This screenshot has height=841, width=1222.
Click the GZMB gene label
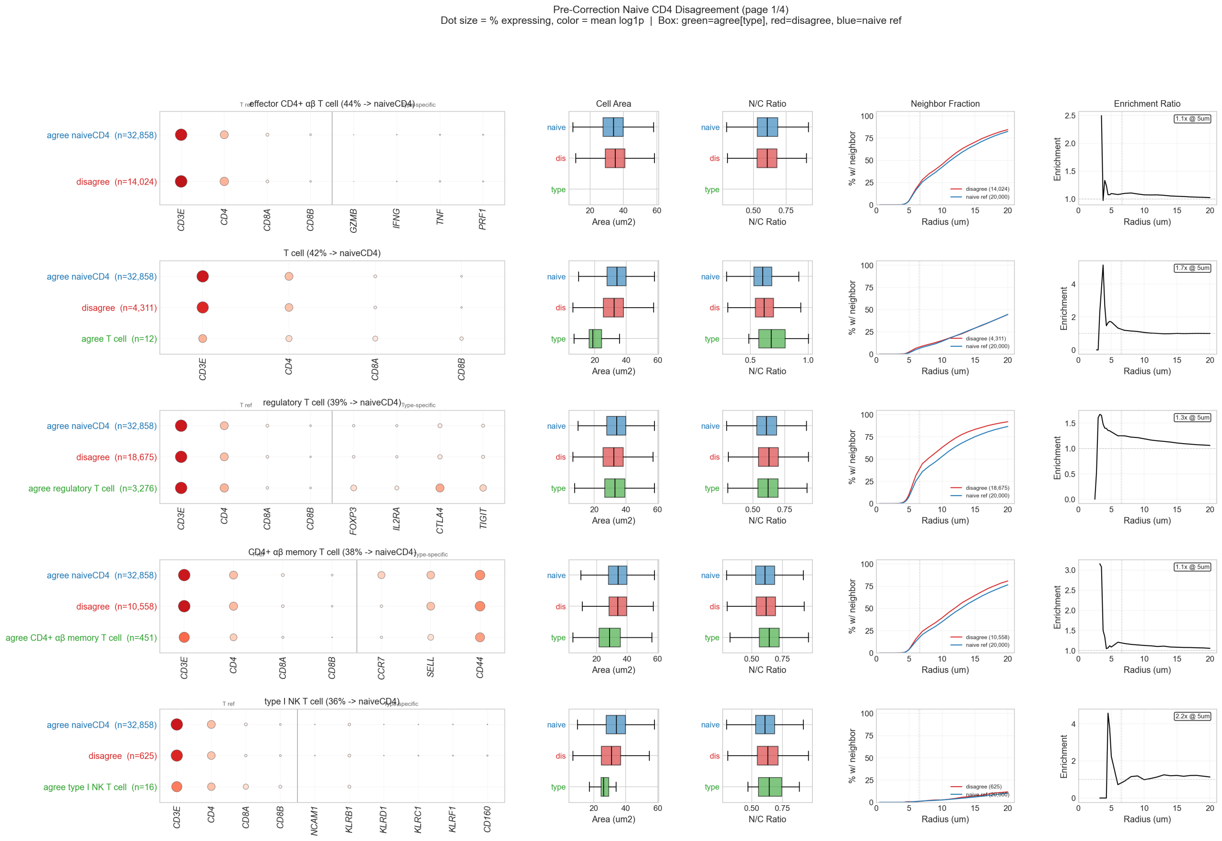[353, 220]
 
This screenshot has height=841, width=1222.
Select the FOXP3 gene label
[353, 520]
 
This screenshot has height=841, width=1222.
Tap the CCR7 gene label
[381, 668]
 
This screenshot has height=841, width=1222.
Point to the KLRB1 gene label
[349, 820]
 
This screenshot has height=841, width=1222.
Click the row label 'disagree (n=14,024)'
[116, 182]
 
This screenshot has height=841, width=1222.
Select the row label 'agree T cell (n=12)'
[119, 339]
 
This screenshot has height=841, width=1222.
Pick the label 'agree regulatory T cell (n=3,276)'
[93, 488]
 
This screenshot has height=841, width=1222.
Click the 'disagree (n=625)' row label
[122, 756]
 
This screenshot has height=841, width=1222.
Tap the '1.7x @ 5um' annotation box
[1192, 268]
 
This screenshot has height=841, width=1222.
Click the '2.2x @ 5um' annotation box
[1192, 716]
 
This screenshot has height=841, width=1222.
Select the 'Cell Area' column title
[613, 104]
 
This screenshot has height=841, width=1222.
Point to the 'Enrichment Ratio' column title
[1147, 104]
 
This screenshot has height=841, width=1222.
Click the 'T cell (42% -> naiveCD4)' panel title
[332, 253]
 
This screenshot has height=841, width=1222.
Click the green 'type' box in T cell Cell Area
[595, 339]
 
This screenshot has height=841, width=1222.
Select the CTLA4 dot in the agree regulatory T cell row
[440, 488]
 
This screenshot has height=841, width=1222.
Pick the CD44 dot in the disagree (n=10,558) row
[480, 606]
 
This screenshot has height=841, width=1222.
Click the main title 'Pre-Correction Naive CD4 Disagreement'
[671, 10]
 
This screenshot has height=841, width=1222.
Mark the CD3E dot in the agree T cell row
[202, 338]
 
